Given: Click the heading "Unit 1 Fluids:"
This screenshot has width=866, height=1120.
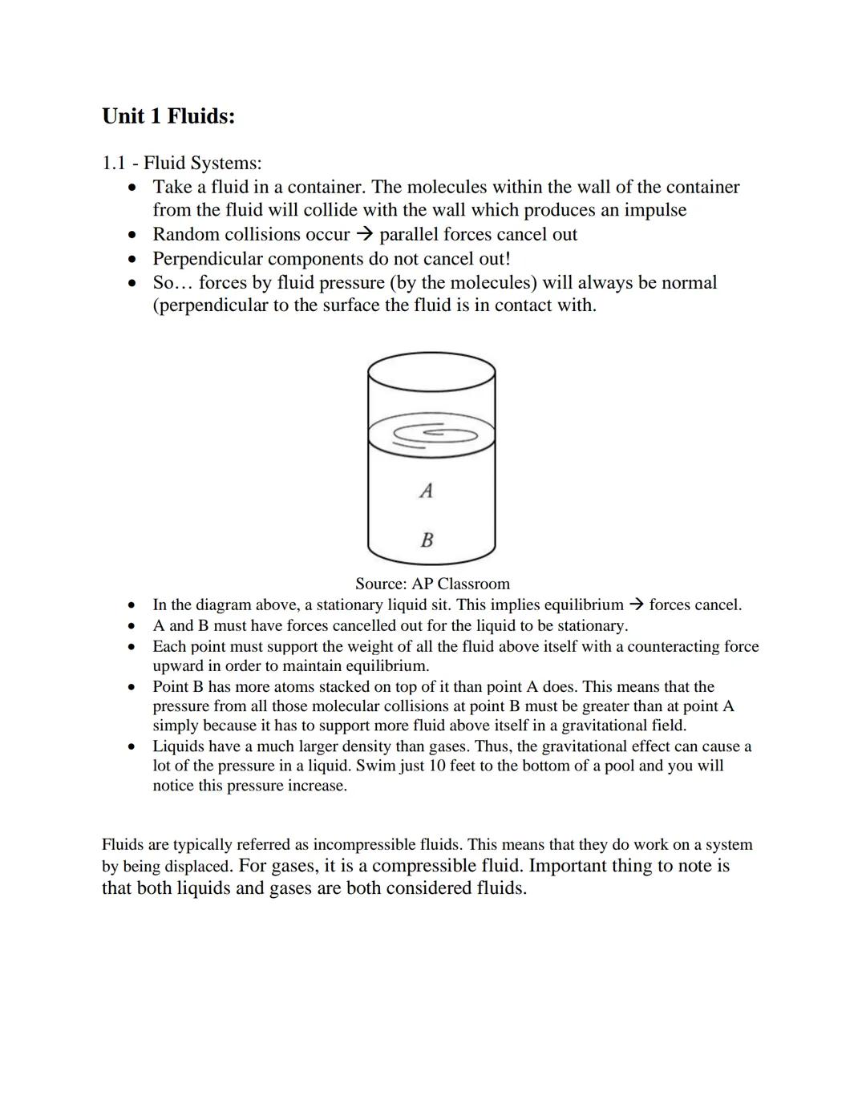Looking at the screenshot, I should click(x=168, y=116).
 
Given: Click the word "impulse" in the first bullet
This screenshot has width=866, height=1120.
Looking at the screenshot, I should click(x=655, y=210).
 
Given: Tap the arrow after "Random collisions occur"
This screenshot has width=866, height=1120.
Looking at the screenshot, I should click(x=365, y=235).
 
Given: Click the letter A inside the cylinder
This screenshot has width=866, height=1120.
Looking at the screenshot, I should click(x=427, y=490).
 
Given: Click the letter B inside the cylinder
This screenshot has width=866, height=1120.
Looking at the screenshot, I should click(x=427, y=540).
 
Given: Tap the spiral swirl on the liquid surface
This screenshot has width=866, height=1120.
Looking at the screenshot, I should click(x=433, y=434).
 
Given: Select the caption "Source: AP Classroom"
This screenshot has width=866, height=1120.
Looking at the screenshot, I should click(x=432, y=584).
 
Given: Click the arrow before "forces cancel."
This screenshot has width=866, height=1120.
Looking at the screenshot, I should click(x=636, y=605).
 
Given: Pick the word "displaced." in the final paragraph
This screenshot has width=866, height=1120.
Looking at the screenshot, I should click(x=198, y=867).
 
